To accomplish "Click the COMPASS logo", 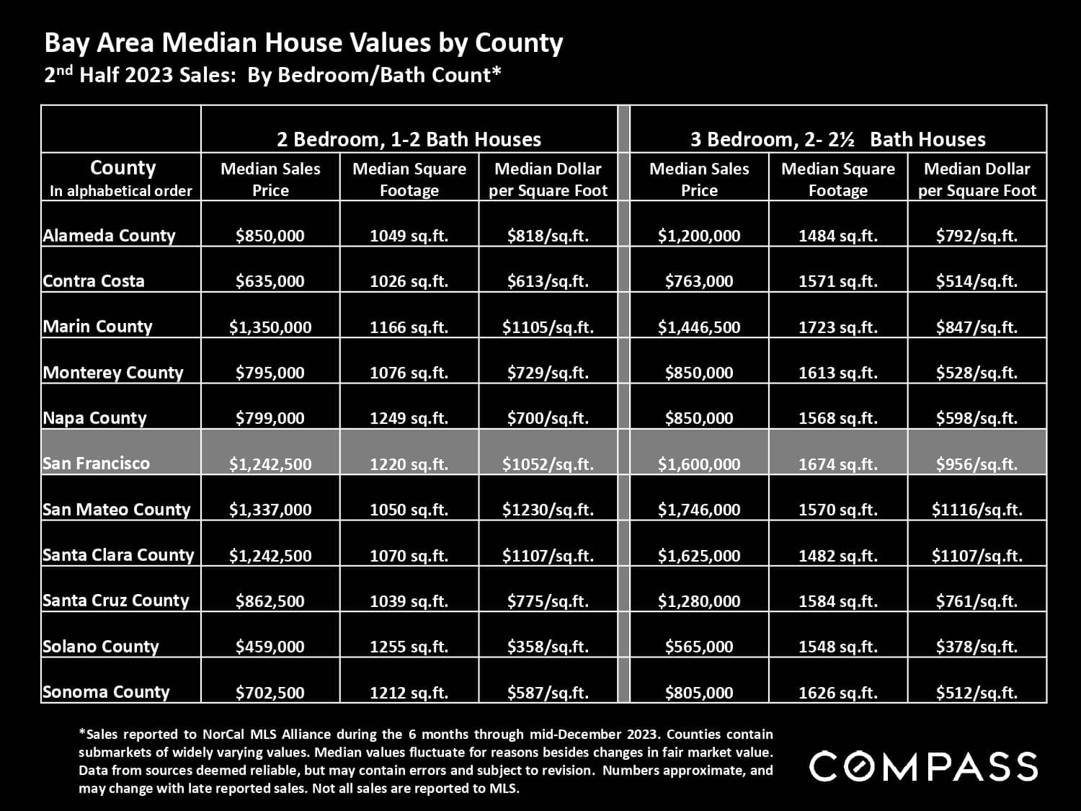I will pyautogui.click(x=923, y=766).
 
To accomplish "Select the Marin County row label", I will pyautogui.click(x=97, y=327).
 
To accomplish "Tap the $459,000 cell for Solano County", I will pyautogui.click(x=270, y=647).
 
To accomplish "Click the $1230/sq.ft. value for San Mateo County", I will pyautogui.click(x=548, y=510).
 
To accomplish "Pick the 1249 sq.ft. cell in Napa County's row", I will pyautogui.click(x=409, y=418).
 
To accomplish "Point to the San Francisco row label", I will pyautogui.click(x=96, y=464).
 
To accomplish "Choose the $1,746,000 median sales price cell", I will pyautogui.click(x=699, y=510).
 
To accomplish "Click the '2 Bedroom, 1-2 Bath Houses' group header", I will pyautogui.click(x=409, y=139).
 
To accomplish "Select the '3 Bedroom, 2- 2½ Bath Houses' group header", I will pyautogui.click(x=837, y=139).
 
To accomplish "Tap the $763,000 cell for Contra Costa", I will pyautogui.click(x=699, y=281).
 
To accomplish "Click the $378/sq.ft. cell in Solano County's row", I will pyautogui.click(x=977, y=647).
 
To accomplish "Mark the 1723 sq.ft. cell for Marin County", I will pyautogui.click(x=837, y=327).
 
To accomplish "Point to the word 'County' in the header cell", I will pyautogui.click(x=123, y=168).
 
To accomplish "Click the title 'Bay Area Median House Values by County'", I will pyautogui.click(x=303, y=43).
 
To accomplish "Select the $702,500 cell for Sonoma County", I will pyautogui.click(x=270, y=693).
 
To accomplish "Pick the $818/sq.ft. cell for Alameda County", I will pyautogui.click(x=548, y=236).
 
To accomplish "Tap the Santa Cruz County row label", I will pyautogui.click(x=115, y=601).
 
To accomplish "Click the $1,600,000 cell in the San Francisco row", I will pyautogui.click(x=699, y=464).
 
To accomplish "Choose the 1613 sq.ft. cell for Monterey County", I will pyautogui.click(x=837, y=373).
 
